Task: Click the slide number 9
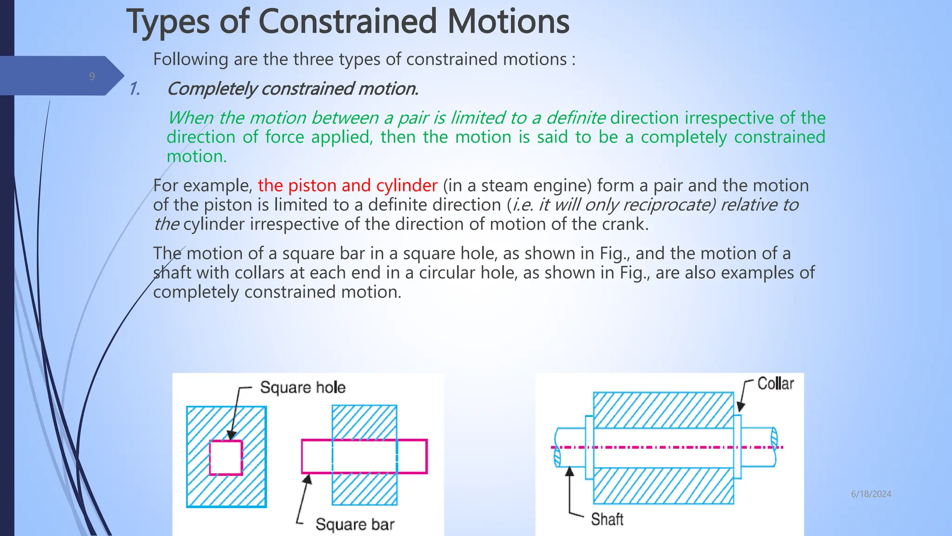92,76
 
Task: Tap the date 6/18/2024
871,494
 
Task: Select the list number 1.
135,89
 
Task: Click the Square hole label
303,388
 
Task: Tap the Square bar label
355,524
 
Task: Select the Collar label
775,384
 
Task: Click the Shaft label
607,519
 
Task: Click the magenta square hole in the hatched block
226,457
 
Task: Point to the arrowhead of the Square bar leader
307,479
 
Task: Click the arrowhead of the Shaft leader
569,472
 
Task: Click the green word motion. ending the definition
197,156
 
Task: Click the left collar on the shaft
589,447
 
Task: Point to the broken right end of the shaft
773,447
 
